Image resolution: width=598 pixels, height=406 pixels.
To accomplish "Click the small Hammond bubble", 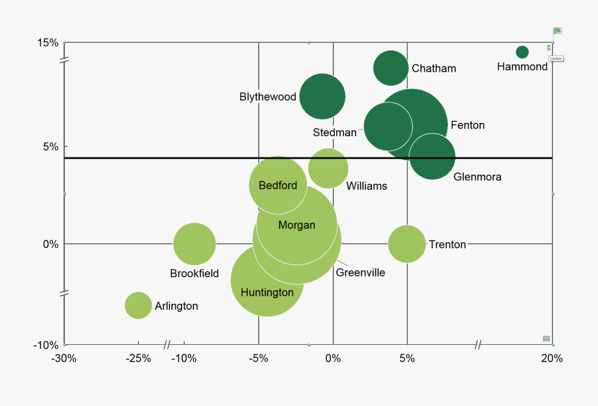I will [522, 52].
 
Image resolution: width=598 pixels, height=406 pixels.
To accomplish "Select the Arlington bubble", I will [138, 306].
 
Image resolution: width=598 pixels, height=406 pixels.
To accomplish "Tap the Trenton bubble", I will [407, 244].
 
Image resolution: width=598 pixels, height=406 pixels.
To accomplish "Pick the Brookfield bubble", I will [195, 244].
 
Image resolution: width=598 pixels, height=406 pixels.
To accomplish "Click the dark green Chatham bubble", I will [391, 68].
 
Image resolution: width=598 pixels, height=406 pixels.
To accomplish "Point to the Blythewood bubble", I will [322, 96].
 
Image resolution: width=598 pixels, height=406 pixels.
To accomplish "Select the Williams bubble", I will [328, 168].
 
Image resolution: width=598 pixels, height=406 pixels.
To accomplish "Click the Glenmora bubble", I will [433, 157].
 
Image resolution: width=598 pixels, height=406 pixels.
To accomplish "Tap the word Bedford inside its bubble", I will [278, 185].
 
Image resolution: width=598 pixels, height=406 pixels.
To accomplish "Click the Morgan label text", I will [296, 225].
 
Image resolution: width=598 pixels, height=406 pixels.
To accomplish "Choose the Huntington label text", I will [267, 292].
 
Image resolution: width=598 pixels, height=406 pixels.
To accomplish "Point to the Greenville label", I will [360, 272].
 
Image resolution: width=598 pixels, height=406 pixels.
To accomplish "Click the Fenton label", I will [468, 125].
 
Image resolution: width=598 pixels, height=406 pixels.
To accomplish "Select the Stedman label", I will [334, 132].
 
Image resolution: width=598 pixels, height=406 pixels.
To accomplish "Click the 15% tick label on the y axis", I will [48, 43].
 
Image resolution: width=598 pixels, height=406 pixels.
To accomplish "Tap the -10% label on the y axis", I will [46, 345].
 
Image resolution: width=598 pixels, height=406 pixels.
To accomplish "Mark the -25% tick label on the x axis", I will [138, 359].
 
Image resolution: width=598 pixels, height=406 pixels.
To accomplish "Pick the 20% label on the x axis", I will [552, 359].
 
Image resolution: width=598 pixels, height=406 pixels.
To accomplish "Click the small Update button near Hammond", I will [556, 58].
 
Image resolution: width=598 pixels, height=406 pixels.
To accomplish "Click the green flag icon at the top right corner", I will [557, 31].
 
